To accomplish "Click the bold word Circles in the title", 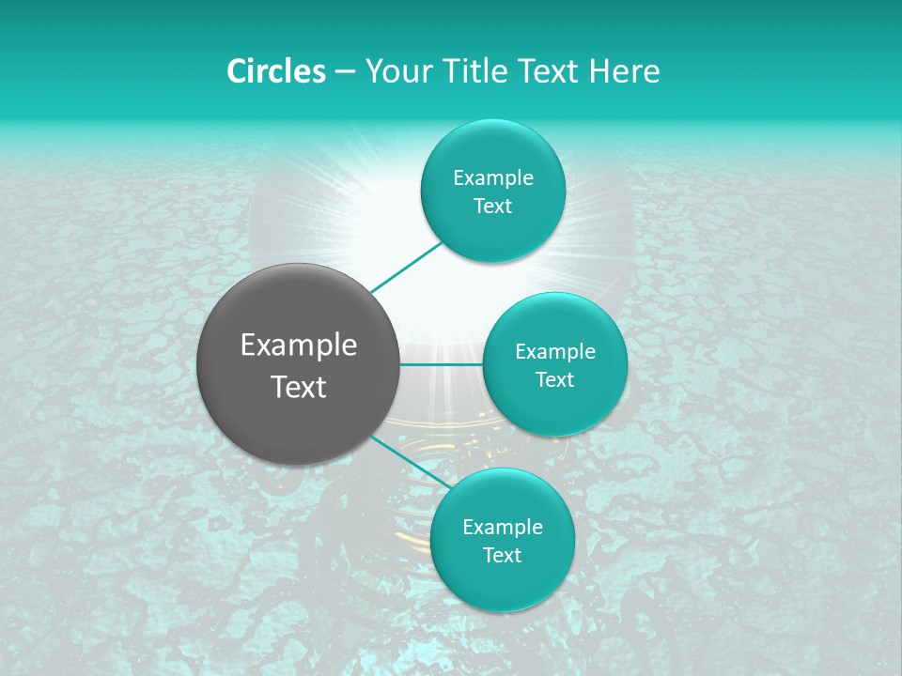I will coord(276,71).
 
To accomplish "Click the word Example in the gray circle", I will coord(299,346).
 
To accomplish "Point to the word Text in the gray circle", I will coord(299,387).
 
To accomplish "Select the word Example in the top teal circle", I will coord(493,178).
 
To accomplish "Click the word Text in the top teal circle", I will coord(492,207).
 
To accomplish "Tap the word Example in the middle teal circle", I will coord(555,352).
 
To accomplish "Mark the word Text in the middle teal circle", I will coord(554,380).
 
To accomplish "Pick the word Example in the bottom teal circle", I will coord(503,528).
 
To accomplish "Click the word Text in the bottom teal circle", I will coord(502,556).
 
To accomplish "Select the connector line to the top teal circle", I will coord(407,266).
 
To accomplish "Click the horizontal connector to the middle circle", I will coord(442,364).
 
